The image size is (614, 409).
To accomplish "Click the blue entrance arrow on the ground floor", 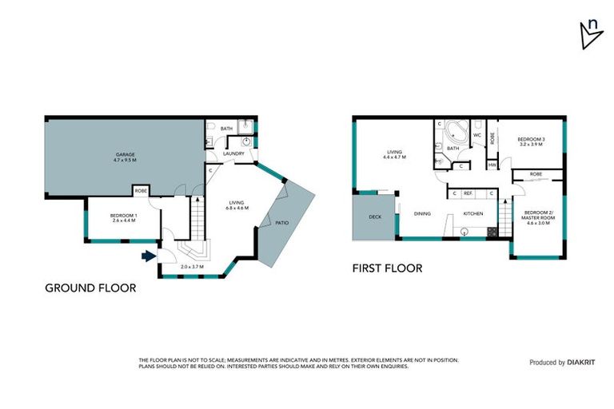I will point(148,256).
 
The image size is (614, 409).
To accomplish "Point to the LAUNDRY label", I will point(233,153).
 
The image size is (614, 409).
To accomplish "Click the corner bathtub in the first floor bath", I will point(458,132).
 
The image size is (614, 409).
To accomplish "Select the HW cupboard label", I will point(492,165).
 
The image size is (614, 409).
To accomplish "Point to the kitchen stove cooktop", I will point(492,232).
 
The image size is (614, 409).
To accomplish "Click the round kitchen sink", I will point(465,232).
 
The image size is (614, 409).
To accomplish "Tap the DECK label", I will point(374,217).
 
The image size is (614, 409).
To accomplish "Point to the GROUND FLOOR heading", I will point(90,288).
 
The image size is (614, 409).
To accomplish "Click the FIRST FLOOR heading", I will point(387,268).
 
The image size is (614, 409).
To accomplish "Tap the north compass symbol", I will point(590,34).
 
